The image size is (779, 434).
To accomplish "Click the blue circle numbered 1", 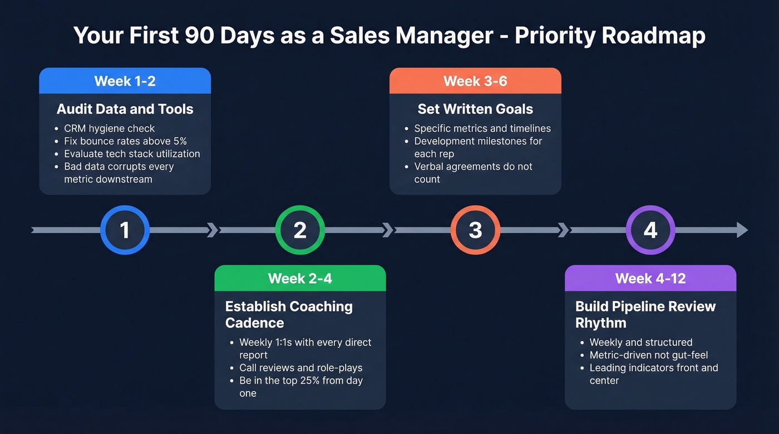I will point(125,230).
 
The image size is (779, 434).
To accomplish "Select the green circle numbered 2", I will point(300,230).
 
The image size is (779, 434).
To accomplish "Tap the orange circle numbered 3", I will point(475,230).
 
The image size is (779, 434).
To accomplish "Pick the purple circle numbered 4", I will point(650,230).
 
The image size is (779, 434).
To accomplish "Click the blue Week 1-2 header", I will point(125,81).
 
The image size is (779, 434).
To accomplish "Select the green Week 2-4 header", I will point(300,278).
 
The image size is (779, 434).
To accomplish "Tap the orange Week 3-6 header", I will point(475,81).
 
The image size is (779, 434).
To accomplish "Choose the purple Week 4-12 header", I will point(650,278).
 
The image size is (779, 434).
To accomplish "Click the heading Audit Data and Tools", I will point(125,109).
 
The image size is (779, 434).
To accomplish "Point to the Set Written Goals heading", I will point(475,109).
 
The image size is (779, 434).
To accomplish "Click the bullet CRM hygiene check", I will point(109,128).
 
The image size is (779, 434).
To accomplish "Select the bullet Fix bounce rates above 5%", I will point(125,141).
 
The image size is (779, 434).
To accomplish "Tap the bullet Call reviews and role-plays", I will point(300,368).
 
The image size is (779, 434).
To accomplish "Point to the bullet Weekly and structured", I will point(640,342).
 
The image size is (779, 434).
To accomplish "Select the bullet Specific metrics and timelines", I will point(482,128).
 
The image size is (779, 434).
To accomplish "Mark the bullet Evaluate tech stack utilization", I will point(132,154).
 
